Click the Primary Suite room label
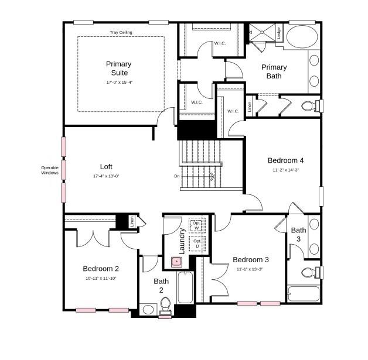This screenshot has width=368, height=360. pyautogui.click(x=118, y=68)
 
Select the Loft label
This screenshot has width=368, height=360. pyautogui.click(x=106, y=166)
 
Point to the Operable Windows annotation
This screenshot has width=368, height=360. pyautogui.click(x=50, y=170)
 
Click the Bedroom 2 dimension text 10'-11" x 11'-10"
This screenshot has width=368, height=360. pyautogui.click(x=101, y=278)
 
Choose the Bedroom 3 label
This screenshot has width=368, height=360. pyautogui.click(x=251, y=260)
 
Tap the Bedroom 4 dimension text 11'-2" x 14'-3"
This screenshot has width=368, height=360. pyautogui.click(x=285, y=170)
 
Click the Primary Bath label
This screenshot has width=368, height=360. pyautogui.click(x=274, y=71)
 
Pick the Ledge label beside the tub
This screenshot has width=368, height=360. pyautogui.click(x=279, y=34)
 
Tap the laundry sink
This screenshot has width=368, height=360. pyautogui.click(x=175, y=262)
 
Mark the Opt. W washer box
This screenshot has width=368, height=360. pyautogui.click(x=196, y=225)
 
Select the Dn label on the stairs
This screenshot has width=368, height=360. pyautogui.click(x=177, y=176)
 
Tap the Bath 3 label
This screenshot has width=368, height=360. pyautogui.click(x=298, y=234)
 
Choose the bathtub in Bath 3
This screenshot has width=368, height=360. pyautogui.click(x=304, y=293)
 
